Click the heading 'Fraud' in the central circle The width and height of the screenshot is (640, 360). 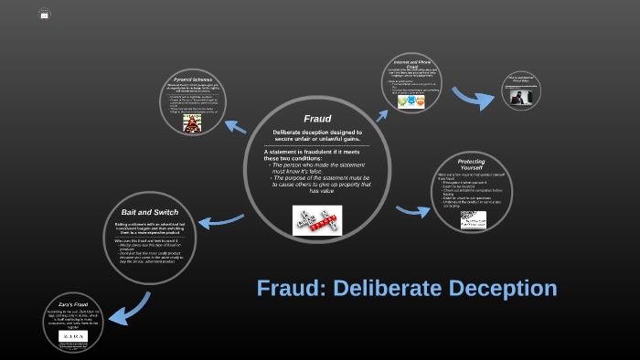(317, 119)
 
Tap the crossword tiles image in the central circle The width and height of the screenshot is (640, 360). (317, 220)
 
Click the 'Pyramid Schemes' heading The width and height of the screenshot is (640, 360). (193, 80)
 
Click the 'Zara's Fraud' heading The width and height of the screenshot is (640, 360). (71, 304)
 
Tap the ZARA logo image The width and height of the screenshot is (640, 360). (70, 336)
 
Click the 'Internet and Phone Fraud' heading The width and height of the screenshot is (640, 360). (411, 63)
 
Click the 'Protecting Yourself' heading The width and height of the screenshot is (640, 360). (471, 164)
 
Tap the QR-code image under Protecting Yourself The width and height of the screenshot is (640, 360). (473, 218)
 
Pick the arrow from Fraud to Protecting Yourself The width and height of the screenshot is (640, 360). (413, 210)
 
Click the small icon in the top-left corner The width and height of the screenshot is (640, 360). (45, 14)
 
